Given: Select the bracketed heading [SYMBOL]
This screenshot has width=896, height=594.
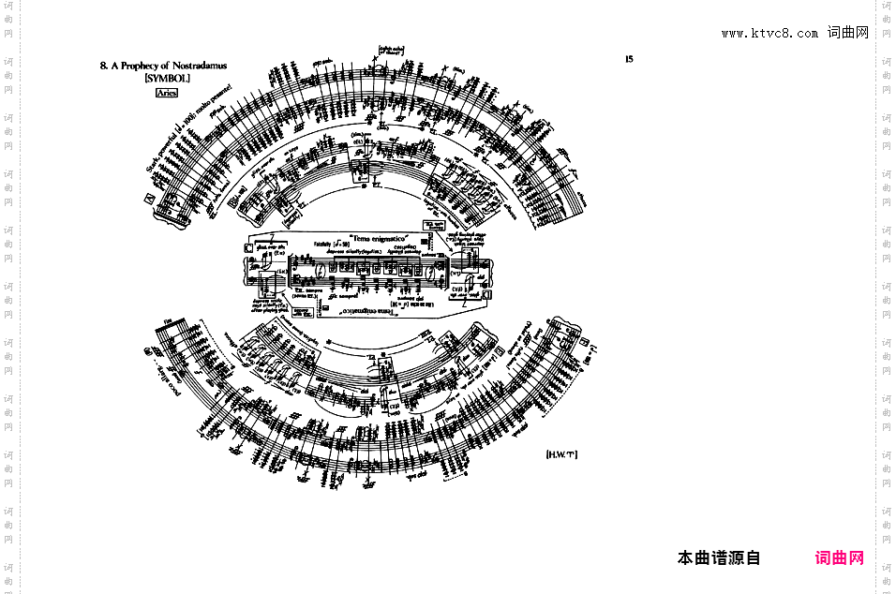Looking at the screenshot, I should click(x=167, y=79).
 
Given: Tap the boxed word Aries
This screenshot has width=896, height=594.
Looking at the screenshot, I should click(x=167, y=93).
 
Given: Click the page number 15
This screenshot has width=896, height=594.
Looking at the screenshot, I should click(x=629, y=59).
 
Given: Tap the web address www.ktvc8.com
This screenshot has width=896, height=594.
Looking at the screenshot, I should click(x=769, y=34).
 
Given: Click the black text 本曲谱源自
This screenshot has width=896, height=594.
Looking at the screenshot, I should click(x=719, y=558).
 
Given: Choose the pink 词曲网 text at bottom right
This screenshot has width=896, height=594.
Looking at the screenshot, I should click(x=840, y=558).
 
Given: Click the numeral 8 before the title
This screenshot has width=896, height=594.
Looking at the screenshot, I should click(x=102, y=67).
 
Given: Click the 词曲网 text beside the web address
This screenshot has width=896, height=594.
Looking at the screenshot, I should click(x=848, y=34).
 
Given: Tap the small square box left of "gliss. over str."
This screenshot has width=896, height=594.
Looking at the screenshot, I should click(x=247, y=248).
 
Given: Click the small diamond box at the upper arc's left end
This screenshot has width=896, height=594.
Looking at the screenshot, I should click(x=148, y=199).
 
